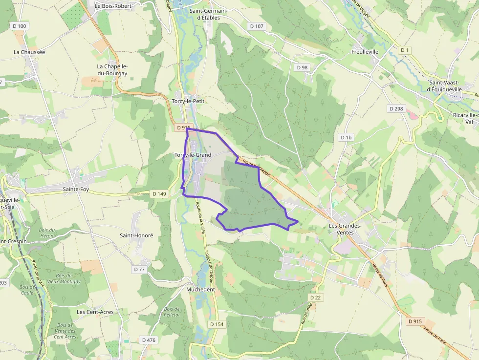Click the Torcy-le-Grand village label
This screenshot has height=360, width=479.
193,155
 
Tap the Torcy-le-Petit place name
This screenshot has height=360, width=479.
188,101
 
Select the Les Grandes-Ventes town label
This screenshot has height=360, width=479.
345,229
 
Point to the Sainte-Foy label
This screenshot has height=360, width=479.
76,189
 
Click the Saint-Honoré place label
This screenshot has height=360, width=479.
136,235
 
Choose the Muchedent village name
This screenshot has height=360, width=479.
200,289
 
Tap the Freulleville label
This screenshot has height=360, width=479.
365,51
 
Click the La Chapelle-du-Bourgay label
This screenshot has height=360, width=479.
112,70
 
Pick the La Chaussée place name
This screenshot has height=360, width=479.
29,52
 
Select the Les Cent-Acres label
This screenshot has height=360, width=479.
95,312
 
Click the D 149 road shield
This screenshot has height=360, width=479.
159,194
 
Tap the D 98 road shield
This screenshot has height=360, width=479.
302,67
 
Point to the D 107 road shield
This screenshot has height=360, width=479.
256,26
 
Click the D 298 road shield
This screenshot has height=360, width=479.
396,108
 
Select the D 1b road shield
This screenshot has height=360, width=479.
346,138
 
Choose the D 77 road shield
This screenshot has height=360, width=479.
139,269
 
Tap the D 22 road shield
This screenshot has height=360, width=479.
315,297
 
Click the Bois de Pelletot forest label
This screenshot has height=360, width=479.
172,312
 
